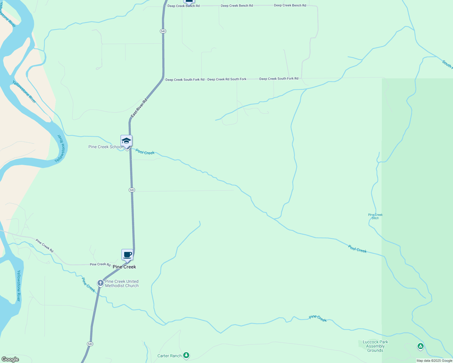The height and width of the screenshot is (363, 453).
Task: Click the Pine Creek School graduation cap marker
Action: pos(126,141)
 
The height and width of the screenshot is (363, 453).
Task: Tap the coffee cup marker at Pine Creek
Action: pos(127,255)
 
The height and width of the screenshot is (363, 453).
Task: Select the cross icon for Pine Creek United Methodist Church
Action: pos(101,283)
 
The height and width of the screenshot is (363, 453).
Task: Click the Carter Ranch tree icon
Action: pos(187,355)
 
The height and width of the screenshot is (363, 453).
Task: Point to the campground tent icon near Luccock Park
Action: pos(420,346)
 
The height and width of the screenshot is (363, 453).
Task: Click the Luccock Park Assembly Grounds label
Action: pos(375,346)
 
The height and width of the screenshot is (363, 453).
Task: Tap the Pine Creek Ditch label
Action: pos(375,216)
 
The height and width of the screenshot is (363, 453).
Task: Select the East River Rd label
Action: pos(139,108)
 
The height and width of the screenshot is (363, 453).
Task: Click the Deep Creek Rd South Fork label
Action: pos(227,79)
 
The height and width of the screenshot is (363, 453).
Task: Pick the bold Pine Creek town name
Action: pos(124,267)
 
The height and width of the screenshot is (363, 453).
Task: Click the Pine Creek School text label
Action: pos(105,147)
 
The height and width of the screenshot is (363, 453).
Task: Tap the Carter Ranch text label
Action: pos(170,356)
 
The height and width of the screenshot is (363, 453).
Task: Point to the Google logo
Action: pos(10,359)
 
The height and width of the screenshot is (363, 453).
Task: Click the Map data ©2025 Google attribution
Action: pos(434,361)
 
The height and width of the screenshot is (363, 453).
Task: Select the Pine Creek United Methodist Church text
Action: pos(122,283)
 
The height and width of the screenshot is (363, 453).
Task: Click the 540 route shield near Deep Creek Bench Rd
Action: pos(163,31)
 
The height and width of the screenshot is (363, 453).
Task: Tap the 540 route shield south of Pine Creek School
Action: pos(131,190)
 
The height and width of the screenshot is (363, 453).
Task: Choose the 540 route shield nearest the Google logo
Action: pos(90,344)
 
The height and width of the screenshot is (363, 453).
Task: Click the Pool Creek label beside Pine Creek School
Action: pos(145,152)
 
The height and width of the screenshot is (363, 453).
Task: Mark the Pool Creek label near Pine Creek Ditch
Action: pos(357,249)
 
